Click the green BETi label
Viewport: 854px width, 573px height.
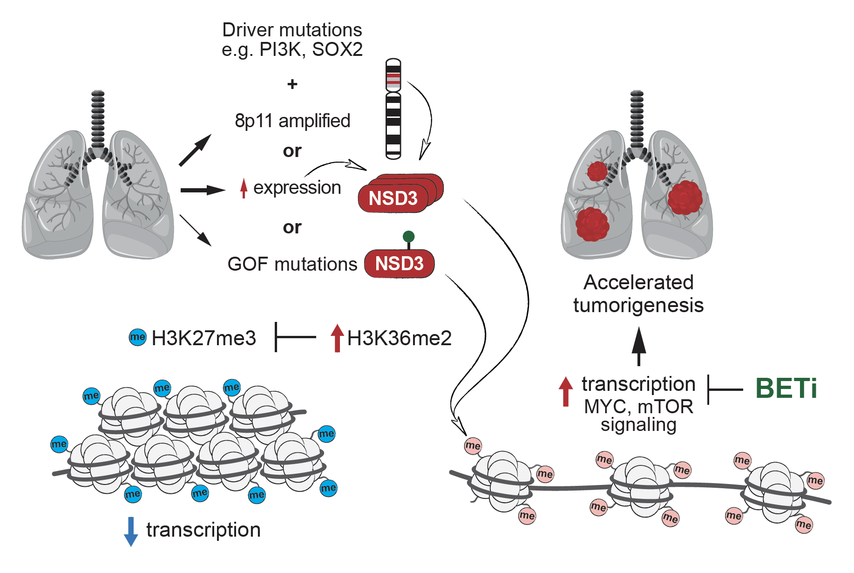[786, 388]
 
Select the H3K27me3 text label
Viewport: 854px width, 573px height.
[203, 338]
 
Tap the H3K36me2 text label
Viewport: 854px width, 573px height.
[399, 338]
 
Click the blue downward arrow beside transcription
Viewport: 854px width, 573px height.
[131, 531]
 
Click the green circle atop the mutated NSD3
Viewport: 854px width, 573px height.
[408, 237]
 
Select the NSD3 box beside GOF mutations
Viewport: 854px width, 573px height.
[399, 264]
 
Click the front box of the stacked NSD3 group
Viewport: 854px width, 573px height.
[393, 198]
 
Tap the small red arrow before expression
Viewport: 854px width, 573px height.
[243, 188]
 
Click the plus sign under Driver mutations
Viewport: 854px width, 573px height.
[292, 84]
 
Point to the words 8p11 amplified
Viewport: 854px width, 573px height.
[292, 121]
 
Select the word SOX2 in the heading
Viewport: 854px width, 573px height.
[337, 49]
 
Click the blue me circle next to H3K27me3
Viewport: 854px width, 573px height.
[137, 337]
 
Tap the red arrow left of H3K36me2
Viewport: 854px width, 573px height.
[337, 338]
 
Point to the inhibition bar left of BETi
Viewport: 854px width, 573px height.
[725, 389]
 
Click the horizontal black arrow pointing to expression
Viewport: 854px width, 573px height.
[202, 190]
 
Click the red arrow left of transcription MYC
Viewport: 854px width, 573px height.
[565, 391]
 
